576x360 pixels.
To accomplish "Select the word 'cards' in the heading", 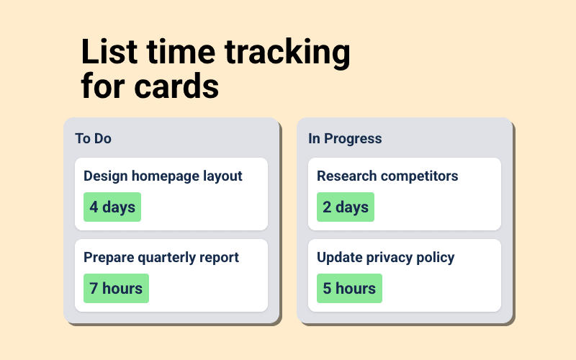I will point(179,87).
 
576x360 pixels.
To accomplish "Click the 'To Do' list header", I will point(93,138).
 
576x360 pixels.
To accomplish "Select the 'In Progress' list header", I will point(345,138).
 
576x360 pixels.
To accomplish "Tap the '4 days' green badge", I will point(112,207).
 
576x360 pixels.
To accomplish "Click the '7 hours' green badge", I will point(116,289).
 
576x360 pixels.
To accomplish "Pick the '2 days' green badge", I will point(346,207).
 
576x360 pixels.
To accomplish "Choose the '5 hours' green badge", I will point(349,289).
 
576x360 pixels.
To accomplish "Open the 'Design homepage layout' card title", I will point(163,176).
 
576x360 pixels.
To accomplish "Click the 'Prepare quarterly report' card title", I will point(161,258).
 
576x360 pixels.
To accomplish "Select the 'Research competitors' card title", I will point(387,176).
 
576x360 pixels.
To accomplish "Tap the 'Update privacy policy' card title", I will point(386,258).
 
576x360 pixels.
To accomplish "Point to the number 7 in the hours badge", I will point(94,289).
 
